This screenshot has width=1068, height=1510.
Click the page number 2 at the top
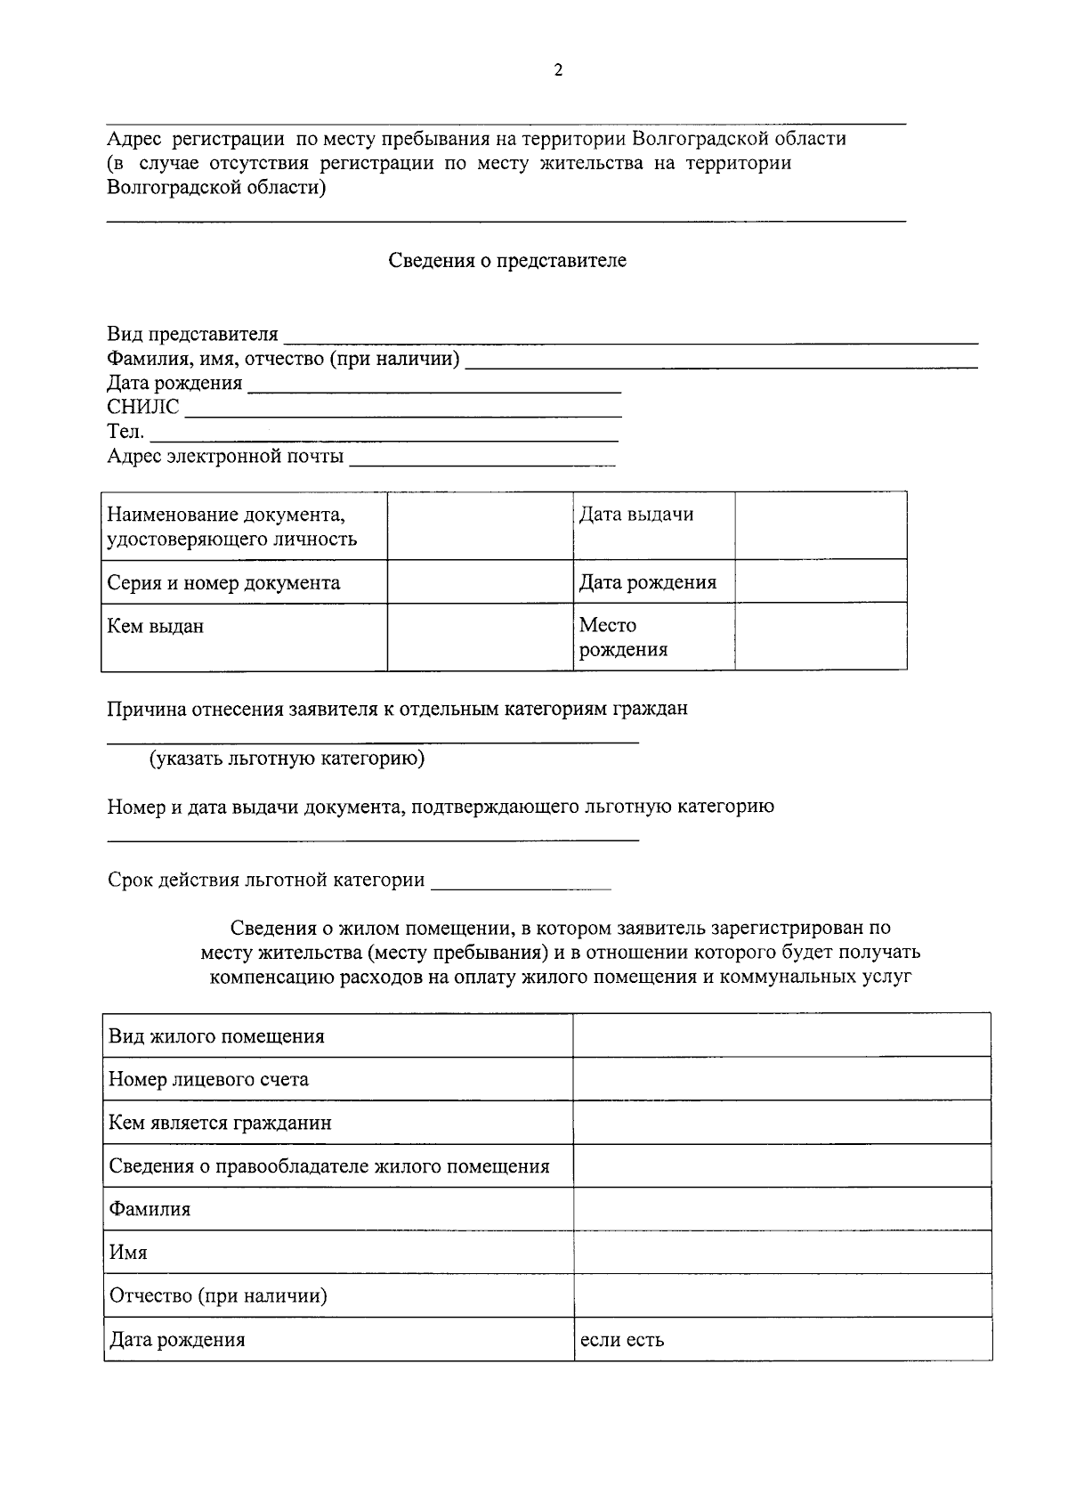point(558,71)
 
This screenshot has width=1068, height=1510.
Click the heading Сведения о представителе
point(507,261)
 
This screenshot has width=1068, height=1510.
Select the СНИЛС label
point(142,408)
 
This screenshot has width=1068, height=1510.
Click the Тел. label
point(125,433)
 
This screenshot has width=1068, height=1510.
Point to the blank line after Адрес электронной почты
point(481,459)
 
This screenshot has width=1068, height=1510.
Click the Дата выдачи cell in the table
point(635,515)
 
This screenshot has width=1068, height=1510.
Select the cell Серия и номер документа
point(223,583)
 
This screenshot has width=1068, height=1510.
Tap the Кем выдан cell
point(156,627)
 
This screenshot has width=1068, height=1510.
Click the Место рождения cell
point(623,637)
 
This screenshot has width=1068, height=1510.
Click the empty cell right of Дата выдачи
point(820,525)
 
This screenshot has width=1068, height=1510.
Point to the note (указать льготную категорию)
point(287,759)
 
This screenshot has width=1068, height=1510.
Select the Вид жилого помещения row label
point(216,1036)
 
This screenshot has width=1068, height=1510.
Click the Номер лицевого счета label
point(208,1080)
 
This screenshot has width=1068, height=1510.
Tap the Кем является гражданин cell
point(220,1124)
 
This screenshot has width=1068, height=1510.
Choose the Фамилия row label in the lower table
point(150,1210)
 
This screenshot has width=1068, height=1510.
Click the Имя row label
point(128,1253)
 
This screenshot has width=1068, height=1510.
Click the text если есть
point(621,1340)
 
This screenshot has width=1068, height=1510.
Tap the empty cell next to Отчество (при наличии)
point(781,1295)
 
